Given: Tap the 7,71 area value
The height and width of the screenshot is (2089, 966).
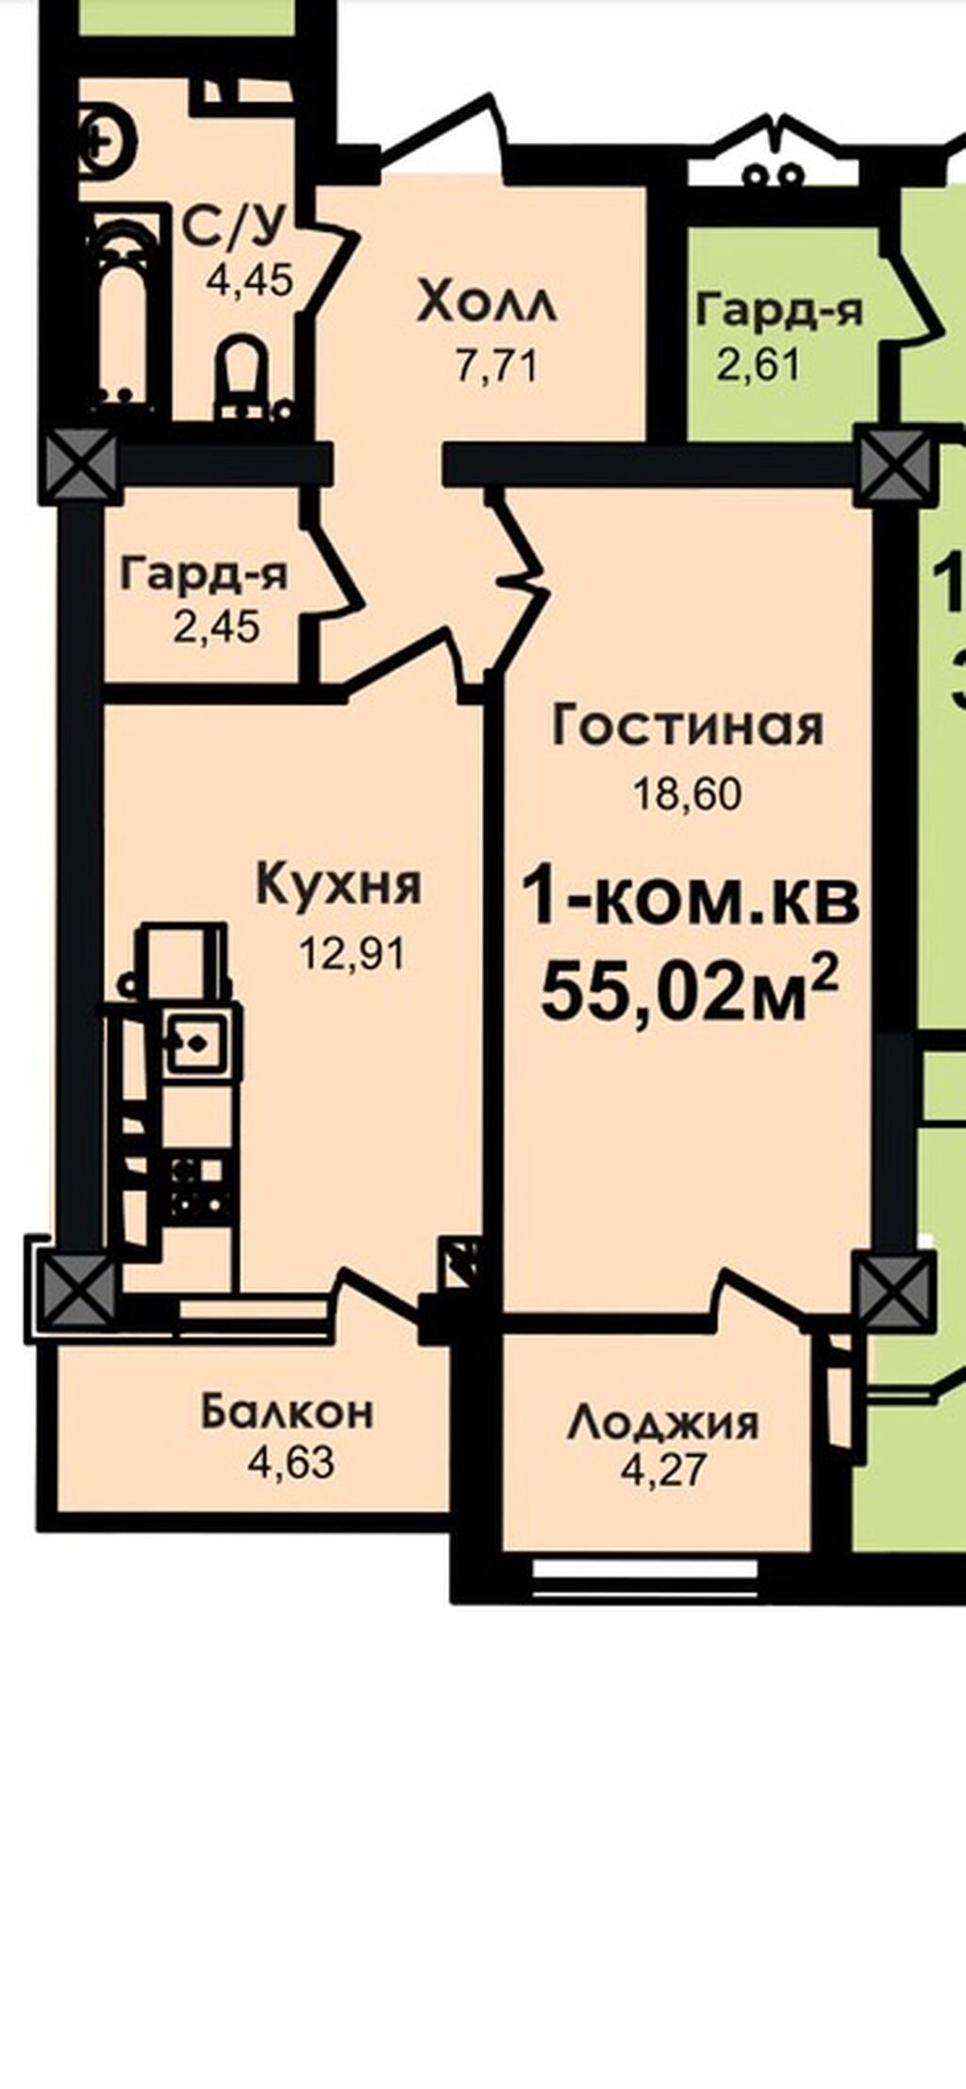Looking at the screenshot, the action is click(497, 367).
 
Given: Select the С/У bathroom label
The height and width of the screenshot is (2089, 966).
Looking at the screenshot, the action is click(233, 226).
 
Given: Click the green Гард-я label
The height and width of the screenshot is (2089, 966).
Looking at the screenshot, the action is click(779, 310).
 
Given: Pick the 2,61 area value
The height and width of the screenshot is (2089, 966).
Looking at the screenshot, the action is click(759, 365).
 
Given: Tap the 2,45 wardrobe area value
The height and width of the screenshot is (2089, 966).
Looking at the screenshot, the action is click(217, 627).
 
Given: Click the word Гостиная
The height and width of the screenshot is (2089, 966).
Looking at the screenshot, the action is click(688, 727).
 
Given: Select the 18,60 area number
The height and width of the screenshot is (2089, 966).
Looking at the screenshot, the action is click(688, 795).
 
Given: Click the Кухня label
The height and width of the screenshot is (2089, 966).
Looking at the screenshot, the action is click(340, 885).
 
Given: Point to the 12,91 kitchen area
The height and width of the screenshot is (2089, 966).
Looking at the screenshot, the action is click(353, 954).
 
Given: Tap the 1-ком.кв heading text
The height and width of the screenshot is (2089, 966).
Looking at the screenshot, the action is click(691, 900).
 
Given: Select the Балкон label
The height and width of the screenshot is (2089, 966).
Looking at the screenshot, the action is click(288, 1412).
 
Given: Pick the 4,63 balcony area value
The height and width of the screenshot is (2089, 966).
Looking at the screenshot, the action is click(291, 1463).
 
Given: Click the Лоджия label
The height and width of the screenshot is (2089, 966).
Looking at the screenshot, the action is click(662, 1423).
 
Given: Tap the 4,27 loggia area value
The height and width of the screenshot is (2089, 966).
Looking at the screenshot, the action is click(662, 1471).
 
